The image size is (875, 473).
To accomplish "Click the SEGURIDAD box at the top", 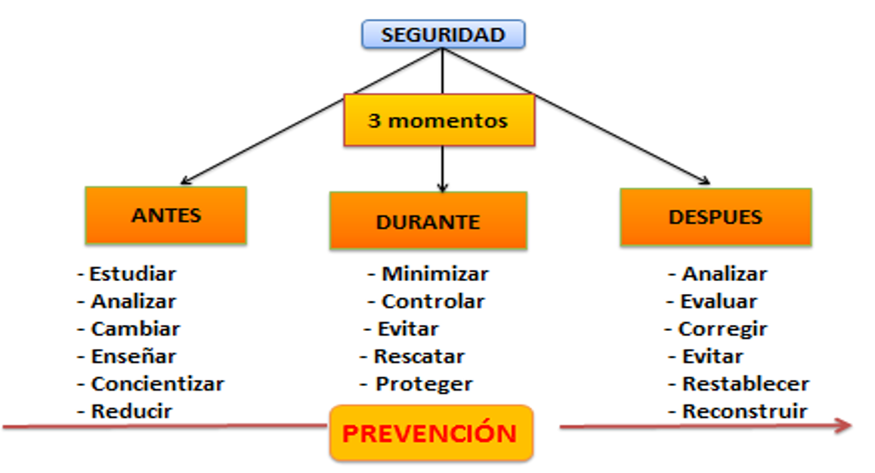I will click(x=443, y=35).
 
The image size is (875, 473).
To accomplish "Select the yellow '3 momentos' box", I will click(x=438, y=120).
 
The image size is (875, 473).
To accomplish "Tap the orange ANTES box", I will click(x=166, y=215).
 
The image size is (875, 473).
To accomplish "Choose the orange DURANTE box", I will click(x=428, y=221).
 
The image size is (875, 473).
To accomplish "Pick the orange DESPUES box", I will click(x=715, y=217).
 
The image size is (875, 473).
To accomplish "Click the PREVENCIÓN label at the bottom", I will click(x=431, y=434).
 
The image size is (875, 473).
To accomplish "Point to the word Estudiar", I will click(x=132, y=274).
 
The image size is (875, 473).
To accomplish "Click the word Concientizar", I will click(x=157, y=384).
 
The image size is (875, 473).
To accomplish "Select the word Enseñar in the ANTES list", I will click(x=133, y=356).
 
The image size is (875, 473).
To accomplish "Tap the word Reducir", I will click(x=131, y=412).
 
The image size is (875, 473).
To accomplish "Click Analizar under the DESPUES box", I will click(x=724, y=274).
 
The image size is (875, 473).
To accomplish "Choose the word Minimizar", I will click(x=434, y=274).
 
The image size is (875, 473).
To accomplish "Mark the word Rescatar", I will click(x=419, y=356).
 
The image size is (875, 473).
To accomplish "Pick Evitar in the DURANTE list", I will click(x=407, y=329).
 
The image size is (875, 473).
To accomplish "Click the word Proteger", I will click(x=423, y=384).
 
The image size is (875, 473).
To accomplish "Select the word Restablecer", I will click(x=745, y=384).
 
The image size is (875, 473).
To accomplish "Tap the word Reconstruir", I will click(x=744, y=412).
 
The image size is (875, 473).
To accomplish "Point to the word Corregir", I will click(x=722, y=329).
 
